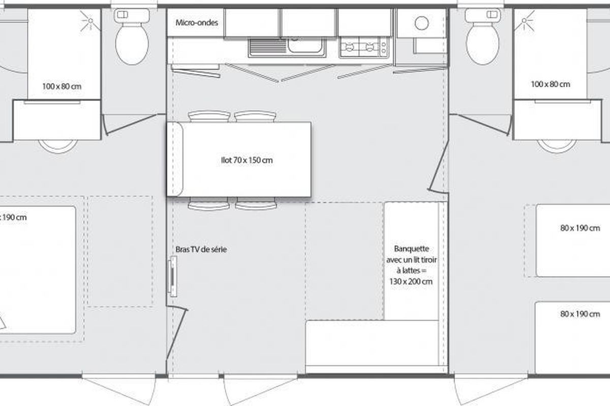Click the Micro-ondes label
[197, 22]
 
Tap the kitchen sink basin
[306, 45]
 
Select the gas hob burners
[359, 47]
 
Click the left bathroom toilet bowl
[132, 44]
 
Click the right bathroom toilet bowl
[482, 44]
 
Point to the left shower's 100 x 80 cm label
[62, 86]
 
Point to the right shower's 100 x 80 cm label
[551, 84]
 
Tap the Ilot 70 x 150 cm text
[247, 160]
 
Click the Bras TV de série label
[201, 249]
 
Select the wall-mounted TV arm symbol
[172, 276]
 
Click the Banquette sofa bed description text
[411, 265]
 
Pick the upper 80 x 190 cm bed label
[580, 228]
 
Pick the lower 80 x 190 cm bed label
[580, 314]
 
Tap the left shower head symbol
[90, 21]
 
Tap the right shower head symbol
[524, 21]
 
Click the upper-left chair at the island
[209, 116]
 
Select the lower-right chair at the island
[256, 204]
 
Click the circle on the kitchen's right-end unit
[421, 23]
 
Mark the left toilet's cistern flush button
[123, 15]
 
